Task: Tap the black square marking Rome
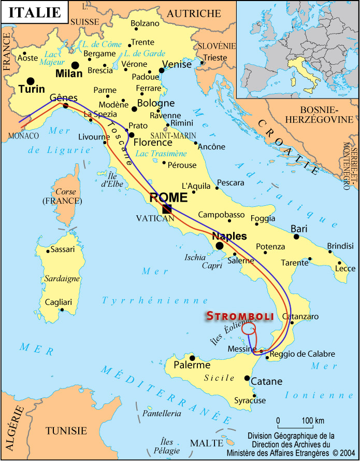(167, 208)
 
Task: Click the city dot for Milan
(76, 65)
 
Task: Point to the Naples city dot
(220, 246)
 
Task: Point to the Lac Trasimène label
(161, 153)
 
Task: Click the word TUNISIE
(66, 430)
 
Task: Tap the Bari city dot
(296, 236)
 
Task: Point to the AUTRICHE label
(193, 13)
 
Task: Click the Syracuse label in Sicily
(250, 400)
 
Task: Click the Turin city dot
(31, 81)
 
